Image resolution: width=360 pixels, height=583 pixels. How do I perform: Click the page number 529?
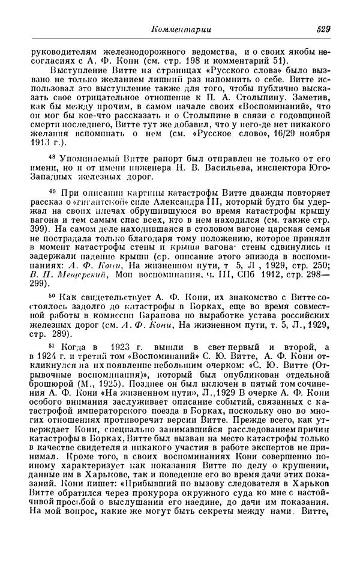[323, 29]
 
